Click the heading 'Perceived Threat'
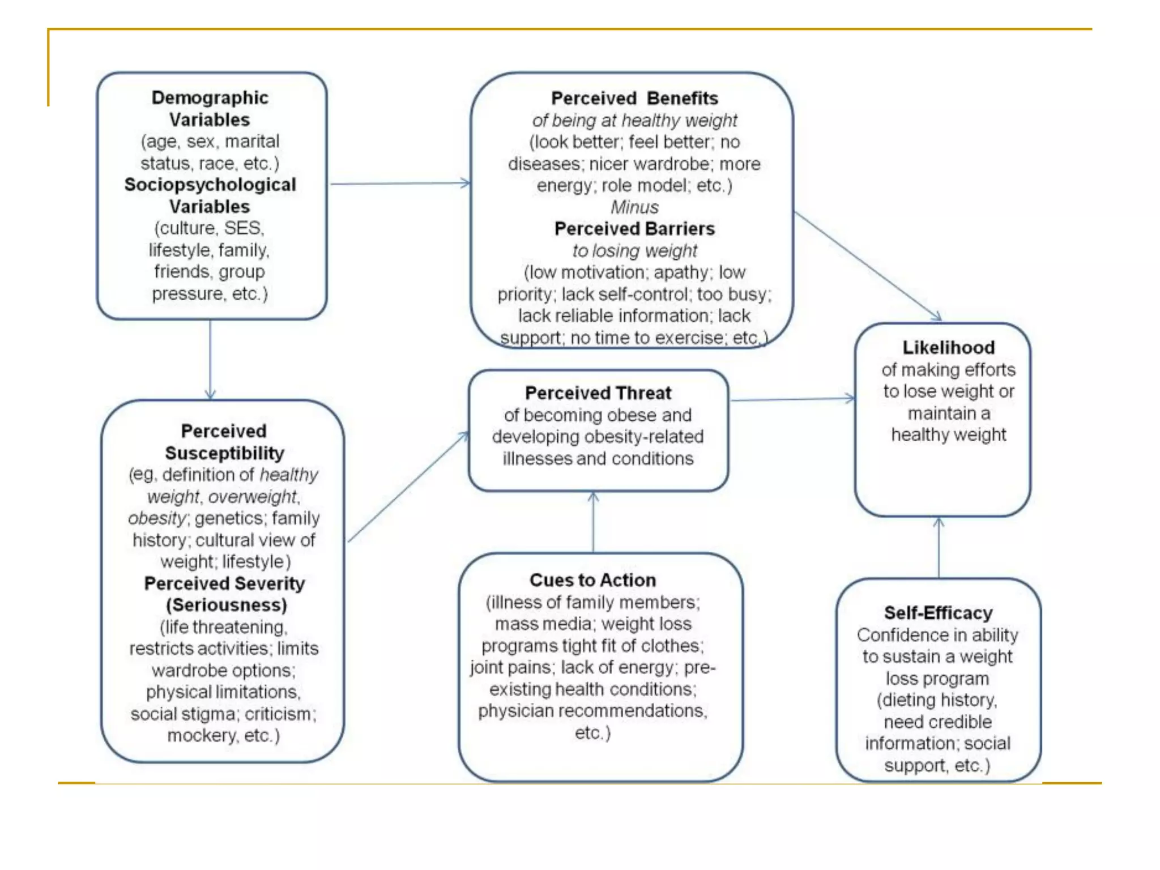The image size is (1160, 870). click(x=598, y=393)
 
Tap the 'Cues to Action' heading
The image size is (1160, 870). click(x=592, y=580)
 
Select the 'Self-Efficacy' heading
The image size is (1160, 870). click(x=938, y=613)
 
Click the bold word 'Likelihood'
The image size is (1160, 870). click(x=948, y=347)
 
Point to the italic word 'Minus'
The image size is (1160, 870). click(x=634, y=207)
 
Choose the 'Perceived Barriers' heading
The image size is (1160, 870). click(x=634, y=229)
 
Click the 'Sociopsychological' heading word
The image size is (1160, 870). click(x=210, y=185)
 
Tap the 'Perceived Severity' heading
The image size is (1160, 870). click(x=224, y=583)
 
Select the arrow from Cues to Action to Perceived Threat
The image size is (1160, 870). click(x=593, y=522)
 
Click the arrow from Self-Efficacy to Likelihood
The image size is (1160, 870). click(x=939, y=547)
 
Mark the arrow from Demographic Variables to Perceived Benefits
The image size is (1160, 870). click(x=399, y=184)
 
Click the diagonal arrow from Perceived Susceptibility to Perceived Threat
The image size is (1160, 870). click(x=408, y=487)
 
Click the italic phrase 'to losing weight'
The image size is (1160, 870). click(x=634, y=250)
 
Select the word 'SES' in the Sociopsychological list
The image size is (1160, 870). click(x=242, y=228)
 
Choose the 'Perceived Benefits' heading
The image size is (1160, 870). click(x=634, y=99)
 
